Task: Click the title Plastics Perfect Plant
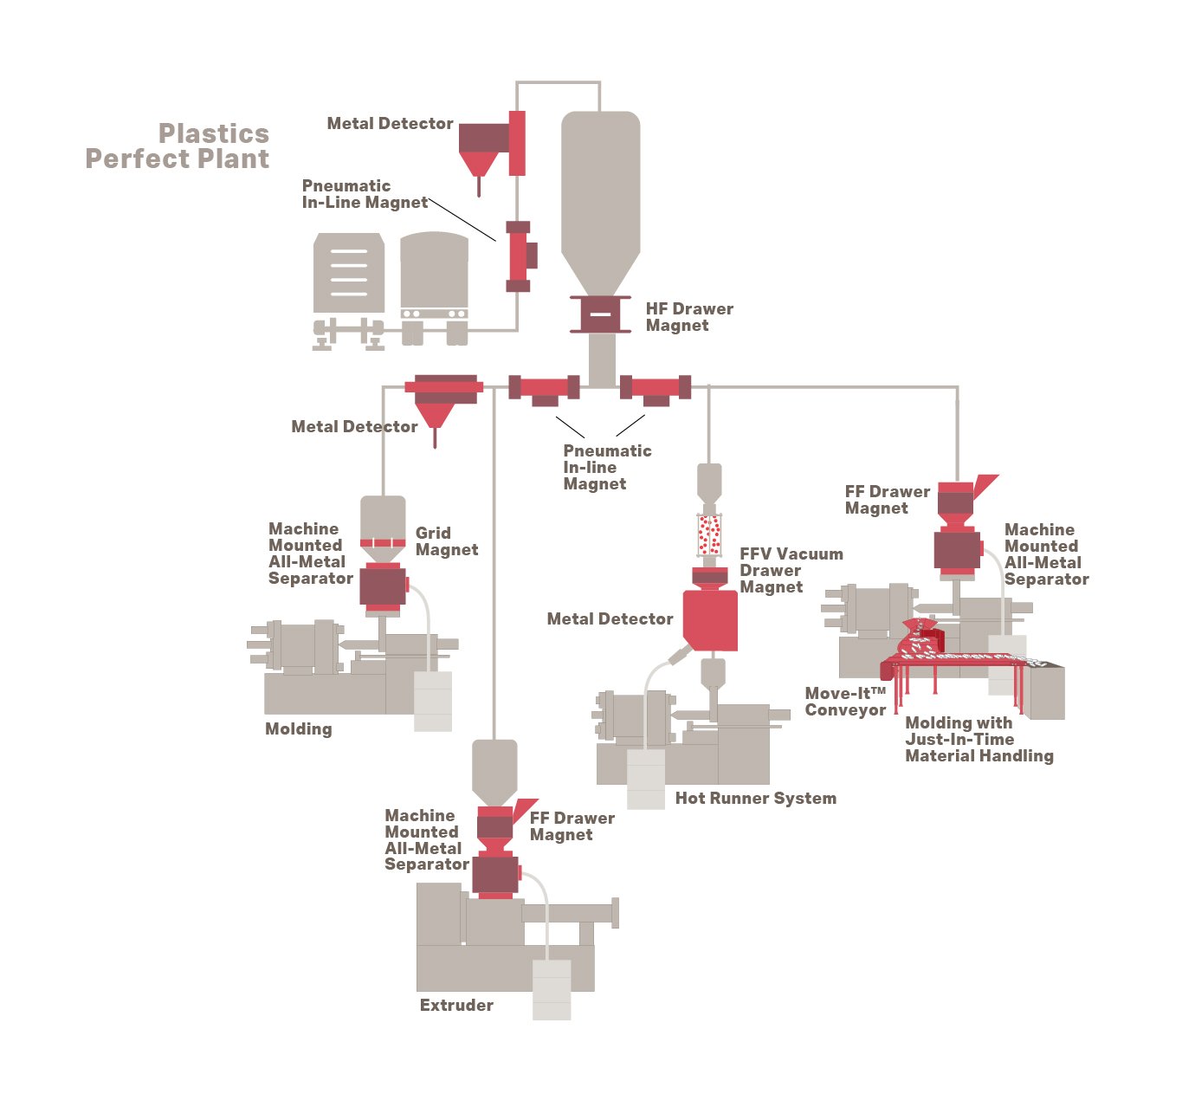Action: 178,146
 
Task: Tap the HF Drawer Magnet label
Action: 688,317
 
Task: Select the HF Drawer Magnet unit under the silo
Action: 599,314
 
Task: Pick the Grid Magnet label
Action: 446,541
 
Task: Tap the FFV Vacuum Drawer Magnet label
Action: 790,570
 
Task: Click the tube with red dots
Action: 709,535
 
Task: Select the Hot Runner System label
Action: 755,799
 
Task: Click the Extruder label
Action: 456,1006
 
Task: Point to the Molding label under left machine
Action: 298,729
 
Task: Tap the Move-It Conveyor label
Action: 845,702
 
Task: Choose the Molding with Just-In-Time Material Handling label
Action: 979,740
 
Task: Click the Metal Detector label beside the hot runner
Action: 610,619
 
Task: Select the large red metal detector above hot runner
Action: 710,618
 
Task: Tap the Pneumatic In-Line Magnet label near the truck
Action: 364,194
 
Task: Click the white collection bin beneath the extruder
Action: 552,989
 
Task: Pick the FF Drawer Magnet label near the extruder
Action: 572,826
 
